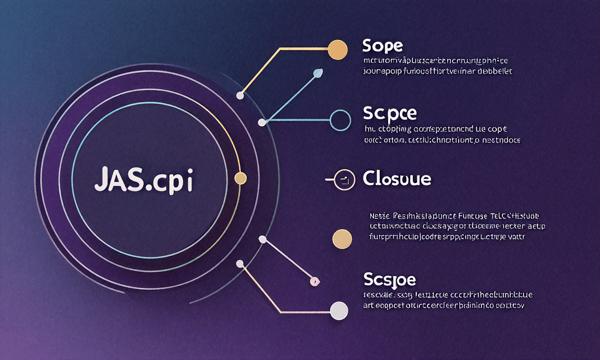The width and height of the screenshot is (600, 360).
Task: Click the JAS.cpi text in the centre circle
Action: click(x=143, y=180)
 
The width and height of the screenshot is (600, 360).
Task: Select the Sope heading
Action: click(x=382, y=46)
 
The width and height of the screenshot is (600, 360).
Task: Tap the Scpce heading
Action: click(x=390, y=113)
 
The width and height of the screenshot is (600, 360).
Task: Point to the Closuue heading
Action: click(x=397, y=179)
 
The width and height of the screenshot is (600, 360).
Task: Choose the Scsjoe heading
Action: click(x=390, y=280)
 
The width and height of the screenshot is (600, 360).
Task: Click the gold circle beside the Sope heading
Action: click(x=337, y=50)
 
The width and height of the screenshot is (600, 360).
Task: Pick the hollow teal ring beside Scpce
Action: click(x=340, y=120)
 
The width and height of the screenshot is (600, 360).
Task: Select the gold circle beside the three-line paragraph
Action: click(x=342, y=239)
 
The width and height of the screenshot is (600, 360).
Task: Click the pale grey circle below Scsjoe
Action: click(x=339, y=311)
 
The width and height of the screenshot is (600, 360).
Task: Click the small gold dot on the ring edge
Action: click(x=240, y=178)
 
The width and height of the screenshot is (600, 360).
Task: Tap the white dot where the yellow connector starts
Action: click(x=240, y=96)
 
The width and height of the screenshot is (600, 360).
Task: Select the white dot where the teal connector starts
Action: click(x=262, y=123)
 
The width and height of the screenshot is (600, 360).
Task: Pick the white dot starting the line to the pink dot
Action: click(x=262, y=240)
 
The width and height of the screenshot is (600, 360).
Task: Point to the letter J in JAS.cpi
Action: click(x=100, y=180)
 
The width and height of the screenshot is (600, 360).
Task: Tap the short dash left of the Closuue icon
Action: click(x=329, y=179)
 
